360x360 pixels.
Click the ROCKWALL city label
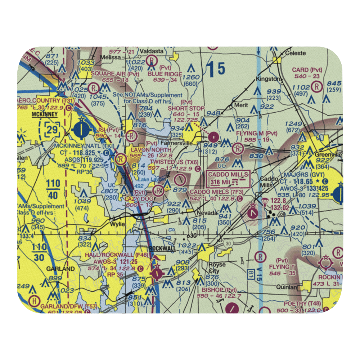162,249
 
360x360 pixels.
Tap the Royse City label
217,267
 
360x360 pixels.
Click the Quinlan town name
286,287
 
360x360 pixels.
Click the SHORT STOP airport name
186,108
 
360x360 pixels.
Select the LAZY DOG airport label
137,199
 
